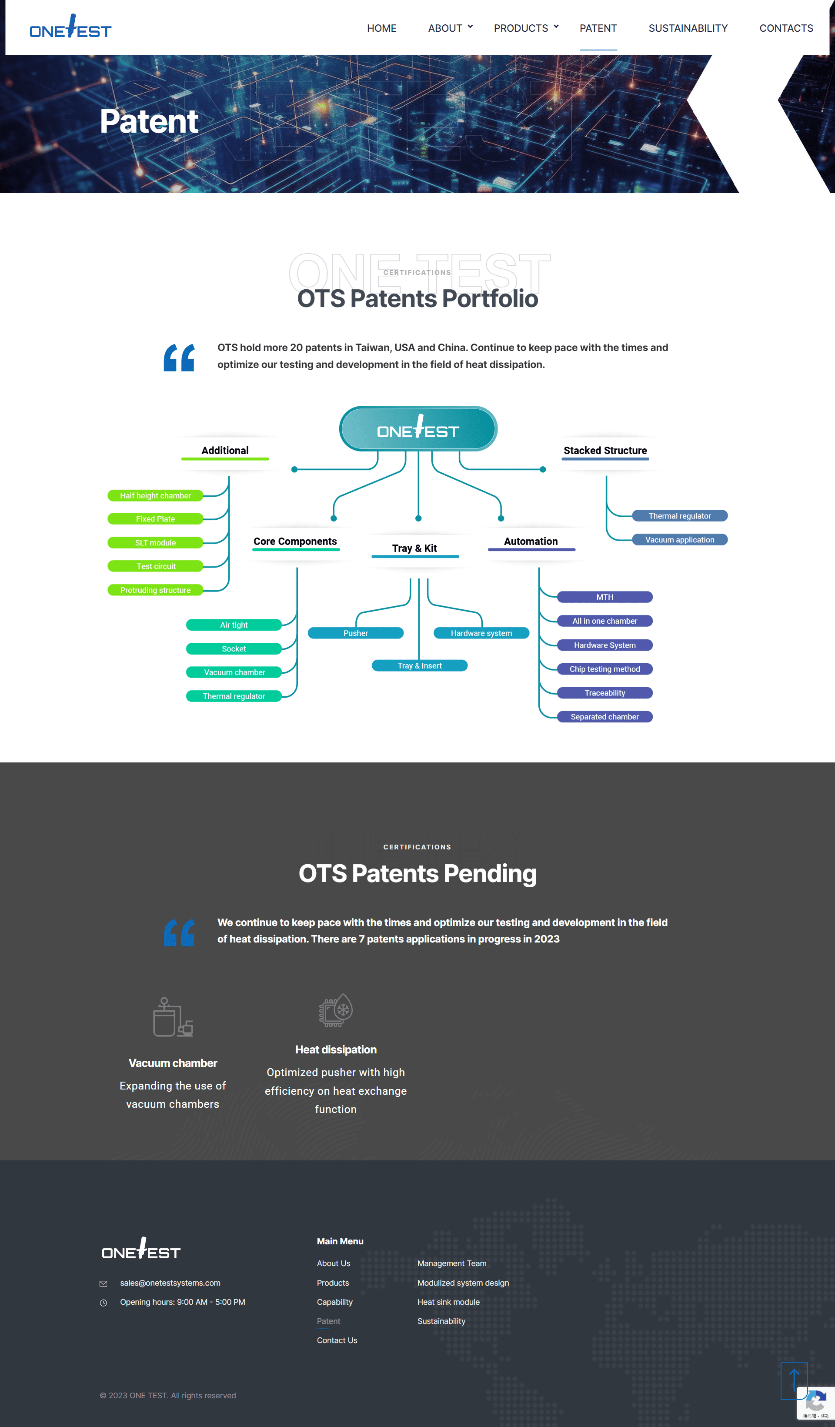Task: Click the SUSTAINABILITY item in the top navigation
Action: (x=688, y=28)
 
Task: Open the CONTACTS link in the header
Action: (x=786, y=28)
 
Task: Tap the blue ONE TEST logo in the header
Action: (x=70, y=27)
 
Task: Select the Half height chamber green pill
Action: (x=155, y=495)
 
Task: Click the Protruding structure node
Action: (x=155, y=590)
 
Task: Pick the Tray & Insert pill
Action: (x=420, y=665)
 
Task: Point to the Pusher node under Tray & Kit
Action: (x=355, y=633)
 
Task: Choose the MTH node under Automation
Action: (x=605, y=597)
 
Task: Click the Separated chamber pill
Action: (x=605, y=717)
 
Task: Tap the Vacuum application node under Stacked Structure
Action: (x=679, y=540)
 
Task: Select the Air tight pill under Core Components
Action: (x=234, y=625)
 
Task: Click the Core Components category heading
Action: (x=295, y=541)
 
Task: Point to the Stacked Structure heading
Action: (x=605, y=450)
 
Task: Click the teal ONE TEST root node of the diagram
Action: (x=418, y=429)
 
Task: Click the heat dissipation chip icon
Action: (x=336, y=1010)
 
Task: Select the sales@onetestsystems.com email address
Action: (x=170, y=1283)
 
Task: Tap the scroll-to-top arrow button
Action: (x=794, y=1380)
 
